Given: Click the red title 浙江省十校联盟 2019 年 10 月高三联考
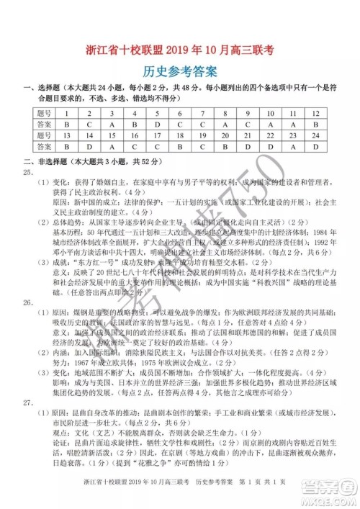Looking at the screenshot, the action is point(179,52).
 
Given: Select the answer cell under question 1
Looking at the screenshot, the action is point(66,124).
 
